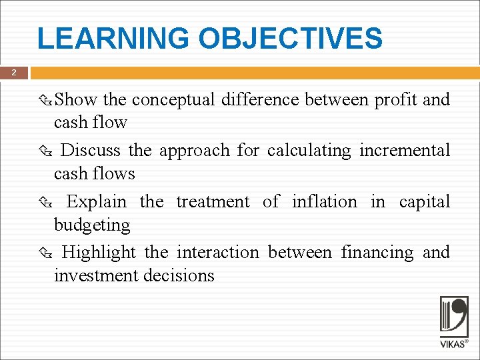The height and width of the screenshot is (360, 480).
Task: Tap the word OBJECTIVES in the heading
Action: [290, 39]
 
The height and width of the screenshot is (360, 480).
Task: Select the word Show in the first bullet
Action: [76, 100]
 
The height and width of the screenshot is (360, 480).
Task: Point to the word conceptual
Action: [173, 100]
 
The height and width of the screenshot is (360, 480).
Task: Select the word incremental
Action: [405, 151]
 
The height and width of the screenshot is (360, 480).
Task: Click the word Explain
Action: [96, 201]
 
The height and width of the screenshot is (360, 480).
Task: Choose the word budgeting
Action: [92, 225]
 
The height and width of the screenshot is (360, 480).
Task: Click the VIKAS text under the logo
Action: [452, 344]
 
